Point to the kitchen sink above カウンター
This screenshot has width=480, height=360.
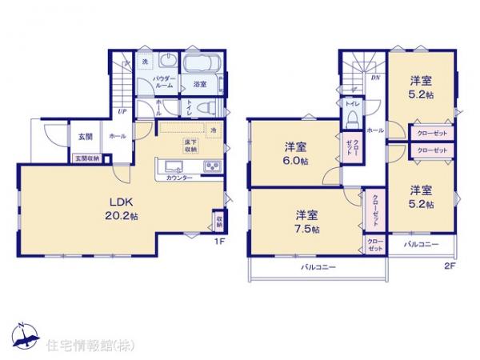[x=176, y=167]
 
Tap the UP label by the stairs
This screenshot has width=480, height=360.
[x=122, y=112]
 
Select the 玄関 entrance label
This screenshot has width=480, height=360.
[x=86, y=137]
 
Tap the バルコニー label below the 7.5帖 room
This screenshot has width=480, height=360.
[x=318, y=266]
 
